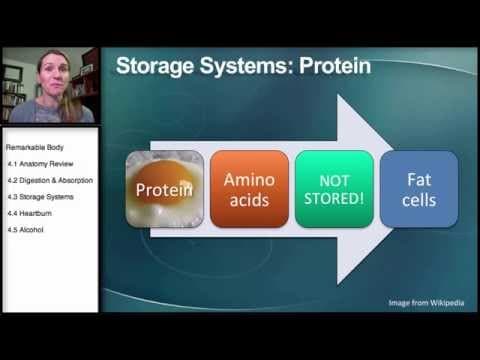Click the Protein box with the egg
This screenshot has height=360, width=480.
pyautogui.click(x=164, y=187)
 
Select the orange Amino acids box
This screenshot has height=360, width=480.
pyautogui.click(x=249, y=187)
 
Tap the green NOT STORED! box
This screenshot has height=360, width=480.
pyautogui.click(x=333, y=187)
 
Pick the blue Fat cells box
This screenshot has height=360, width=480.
pyautogui.click(x=418, y=187)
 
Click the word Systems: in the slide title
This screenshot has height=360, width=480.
pyautogui.click(x=245, y=67)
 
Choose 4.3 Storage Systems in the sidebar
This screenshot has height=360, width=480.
pyautogui.click(x=42, y=196)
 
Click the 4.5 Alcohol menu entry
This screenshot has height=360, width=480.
pyautogui.click(x=27, y=230)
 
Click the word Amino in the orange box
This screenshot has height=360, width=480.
pyautogui.click(x=249, y=177)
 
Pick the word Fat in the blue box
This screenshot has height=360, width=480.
pyautogui.click(x=418, y=178)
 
